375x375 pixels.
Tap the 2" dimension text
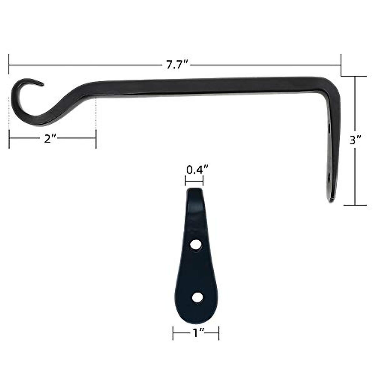pos(50,139)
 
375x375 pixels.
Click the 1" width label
pos(196,333)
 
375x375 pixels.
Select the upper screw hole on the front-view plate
pos(196,245)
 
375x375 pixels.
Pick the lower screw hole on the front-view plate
pos(197,297)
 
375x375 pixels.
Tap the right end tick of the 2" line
pos(96,139)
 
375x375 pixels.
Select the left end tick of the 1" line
pos(173,333)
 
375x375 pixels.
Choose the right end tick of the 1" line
pos(218,333)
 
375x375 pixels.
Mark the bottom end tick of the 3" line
pos(355,205)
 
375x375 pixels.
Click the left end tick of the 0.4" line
pos(186,180)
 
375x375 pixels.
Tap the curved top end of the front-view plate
pos(194,191)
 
